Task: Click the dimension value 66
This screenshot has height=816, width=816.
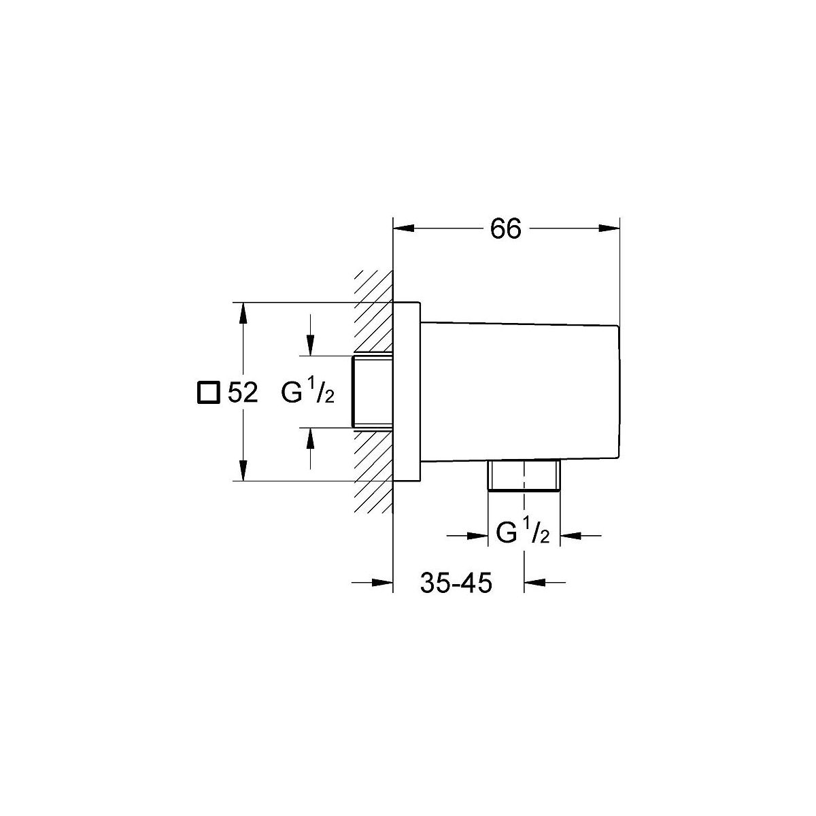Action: (506, 229)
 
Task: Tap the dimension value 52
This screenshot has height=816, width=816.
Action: (243, 392)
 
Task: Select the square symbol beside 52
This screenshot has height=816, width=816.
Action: (209, 392)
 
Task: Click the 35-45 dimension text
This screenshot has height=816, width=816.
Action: (456, 583)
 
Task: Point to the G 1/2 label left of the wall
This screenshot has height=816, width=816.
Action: (308, 391)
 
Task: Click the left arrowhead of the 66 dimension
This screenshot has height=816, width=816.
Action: (403, 228)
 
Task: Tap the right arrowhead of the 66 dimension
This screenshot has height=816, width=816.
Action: (609, 228)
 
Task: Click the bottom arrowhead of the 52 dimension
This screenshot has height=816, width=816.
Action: (243, 471)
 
